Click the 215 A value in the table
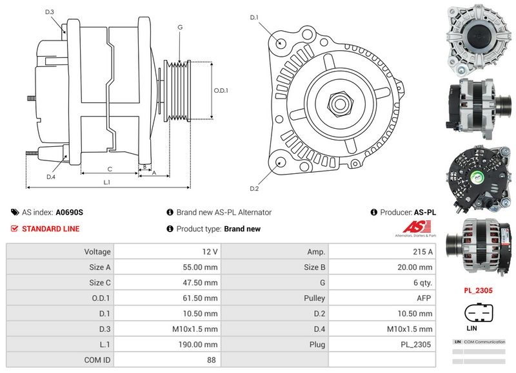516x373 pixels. coord(423,251)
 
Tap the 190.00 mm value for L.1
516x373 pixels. coord(202,345)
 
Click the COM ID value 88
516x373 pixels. coord(211,360)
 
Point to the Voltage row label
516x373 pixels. coord(97,251)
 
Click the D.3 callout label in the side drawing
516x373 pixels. coord(50,12)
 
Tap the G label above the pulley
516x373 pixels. coord(180,27)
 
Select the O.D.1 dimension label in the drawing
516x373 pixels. coord(221,90)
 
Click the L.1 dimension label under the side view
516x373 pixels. coord(107,182)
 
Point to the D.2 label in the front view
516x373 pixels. coord(254,188)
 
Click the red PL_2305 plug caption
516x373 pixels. coord(478,291)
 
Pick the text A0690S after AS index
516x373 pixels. coord(69,212)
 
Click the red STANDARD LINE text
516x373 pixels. coord(51,229)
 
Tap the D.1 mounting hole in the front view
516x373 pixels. coord(281,43)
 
